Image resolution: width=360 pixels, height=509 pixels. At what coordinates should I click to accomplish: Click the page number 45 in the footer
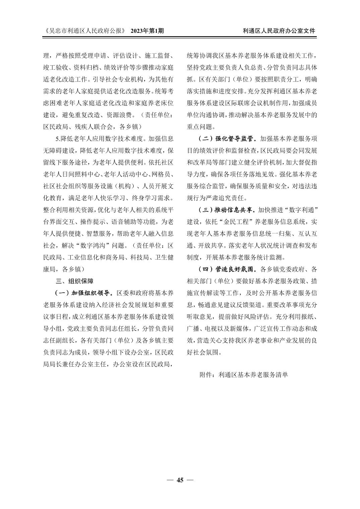pos(180,480)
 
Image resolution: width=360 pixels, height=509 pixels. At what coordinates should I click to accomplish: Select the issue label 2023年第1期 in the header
pos(147,31)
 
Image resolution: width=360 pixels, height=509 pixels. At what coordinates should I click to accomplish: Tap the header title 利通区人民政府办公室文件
pos(279,31)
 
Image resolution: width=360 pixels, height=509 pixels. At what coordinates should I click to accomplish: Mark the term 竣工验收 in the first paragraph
pos(56,67)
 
